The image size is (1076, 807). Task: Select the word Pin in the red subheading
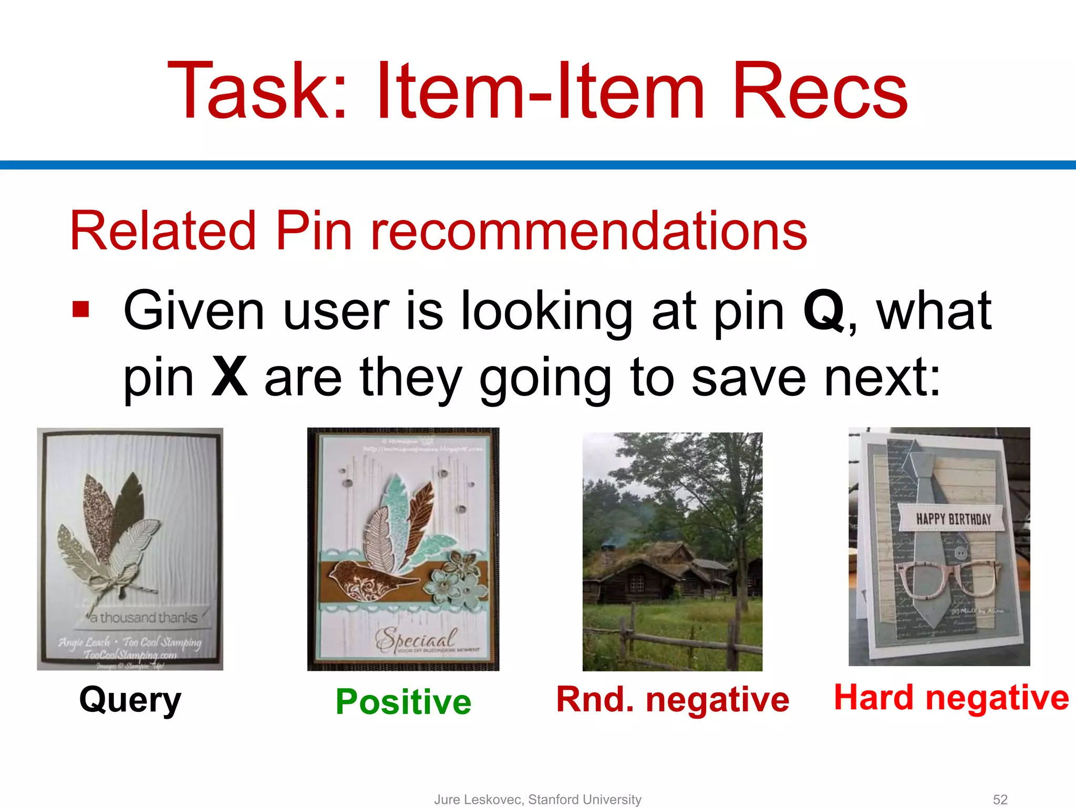(314, 231)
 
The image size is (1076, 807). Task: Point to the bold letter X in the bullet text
(229, 377)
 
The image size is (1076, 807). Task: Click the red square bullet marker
(81, 309)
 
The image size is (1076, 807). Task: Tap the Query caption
(130, 700)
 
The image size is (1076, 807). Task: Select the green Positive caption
(403, 702)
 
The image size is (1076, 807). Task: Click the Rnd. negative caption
(672, 700)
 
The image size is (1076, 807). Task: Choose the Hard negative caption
(951, 698)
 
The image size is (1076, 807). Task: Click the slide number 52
(1000, 799)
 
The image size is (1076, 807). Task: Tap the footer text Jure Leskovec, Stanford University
(537, 799)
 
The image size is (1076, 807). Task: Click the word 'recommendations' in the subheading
(588, 231)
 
